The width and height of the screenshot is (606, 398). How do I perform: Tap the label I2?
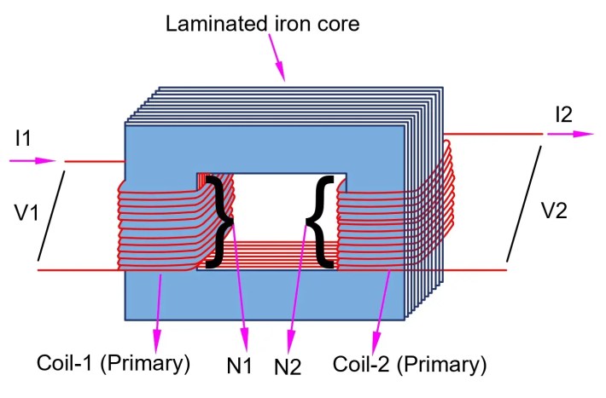[563, 113]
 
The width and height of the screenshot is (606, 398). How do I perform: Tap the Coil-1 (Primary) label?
[113, 364]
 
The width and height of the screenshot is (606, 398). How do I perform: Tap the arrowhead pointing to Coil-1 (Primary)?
[156, 337]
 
